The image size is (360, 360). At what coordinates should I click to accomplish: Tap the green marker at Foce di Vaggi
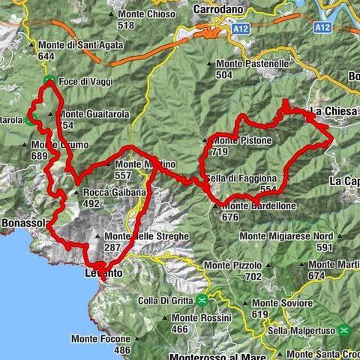(x=48, y=79)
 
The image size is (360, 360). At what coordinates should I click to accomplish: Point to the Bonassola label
(x=24, y=223)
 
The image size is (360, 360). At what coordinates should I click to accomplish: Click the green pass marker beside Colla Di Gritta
(x=202, y=301)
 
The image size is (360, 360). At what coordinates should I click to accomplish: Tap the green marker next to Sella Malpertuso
(x=343, y=329)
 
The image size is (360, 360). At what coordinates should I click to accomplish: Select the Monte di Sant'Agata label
(x=68, y=45)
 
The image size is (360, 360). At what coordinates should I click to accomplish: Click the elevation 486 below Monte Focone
(x=122, y=349)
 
